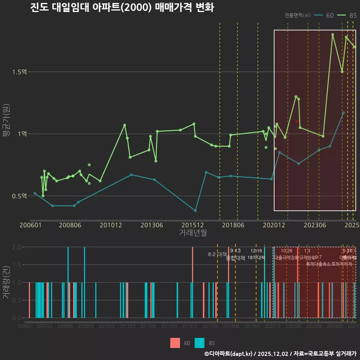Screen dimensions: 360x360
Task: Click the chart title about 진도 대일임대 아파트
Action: (122, 8)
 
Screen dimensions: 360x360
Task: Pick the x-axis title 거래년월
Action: (193, 232)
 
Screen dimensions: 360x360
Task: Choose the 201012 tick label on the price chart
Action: (111, 225)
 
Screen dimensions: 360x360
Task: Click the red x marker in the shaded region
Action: (297, 121)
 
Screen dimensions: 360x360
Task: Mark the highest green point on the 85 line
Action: (333, 34)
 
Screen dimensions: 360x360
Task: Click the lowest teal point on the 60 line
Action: (195, 211)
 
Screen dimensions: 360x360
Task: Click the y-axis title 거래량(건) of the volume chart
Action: (6, 282)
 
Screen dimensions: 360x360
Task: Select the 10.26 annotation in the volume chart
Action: (286, 251)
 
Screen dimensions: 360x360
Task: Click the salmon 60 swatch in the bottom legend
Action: (175, 343)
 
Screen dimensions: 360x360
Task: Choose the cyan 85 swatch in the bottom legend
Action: (199, 343)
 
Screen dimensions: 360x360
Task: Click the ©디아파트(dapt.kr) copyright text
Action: (229, 353)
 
